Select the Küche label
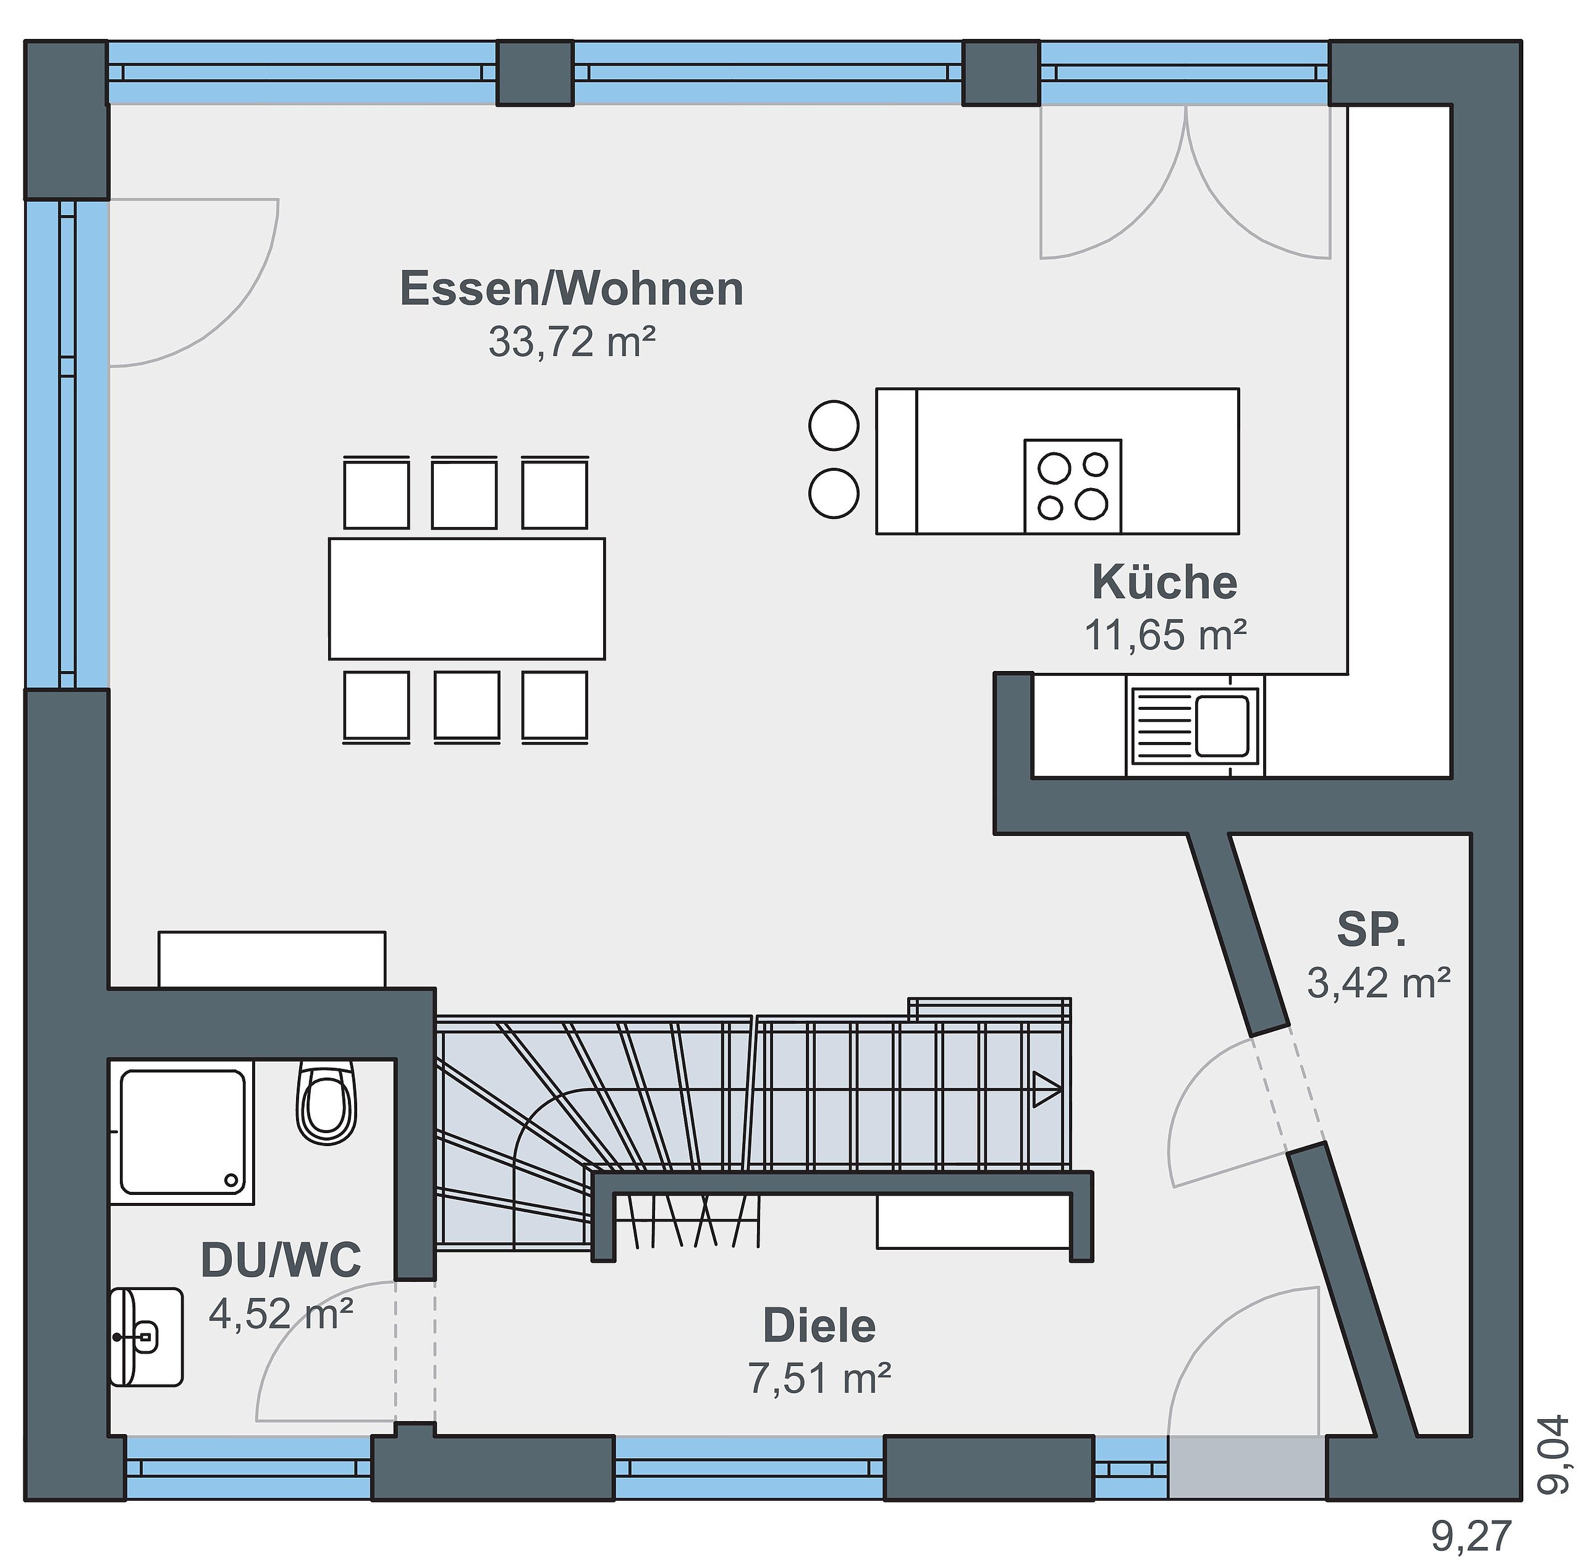click(1164, 582)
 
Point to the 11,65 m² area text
click(1165, 635)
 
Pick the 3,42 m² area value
click(1379, 982)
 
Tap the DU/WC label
click(281, 1260)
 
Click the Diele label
click(819, 1325)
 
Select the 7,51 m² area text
click(819, 1378)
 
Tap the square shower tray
click(182, 1133)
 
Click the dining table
click(467, 598)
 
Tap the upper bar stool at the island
click(834, 426)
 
